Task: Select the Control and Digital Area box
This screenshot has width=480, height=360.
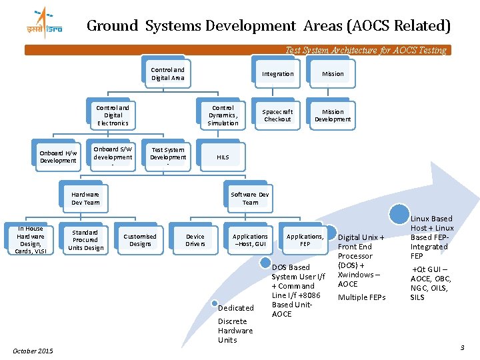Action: point(168,73)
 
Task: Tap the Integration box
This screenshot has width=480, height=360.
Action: point(277,73)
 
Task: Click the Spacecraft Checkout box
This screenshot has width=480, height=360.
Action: point(277,115)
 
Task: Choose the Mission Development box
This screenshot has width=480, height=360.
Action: point(333,115)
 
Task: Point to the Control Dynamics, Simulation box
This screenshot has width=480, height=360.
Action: point(223,115)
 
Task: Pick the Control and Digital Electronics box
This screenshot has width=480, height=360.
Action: point(113,115)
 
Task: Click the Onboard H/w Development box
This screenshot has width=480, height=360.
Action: point(58,157)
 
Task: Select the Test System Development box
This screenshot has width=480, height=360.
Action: point(168,157)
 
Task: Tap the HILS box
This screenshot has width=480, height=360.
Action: point(223,157)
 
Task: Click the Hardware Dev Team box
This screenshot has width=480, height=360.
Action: point(85,198)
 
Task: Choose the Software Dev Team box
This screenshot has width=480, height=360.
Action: point(250,198)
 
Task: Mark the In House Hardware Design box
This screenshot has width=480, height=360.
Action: point(31,239)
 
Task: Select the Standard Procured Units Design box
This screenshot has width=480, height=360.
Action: point(85,239)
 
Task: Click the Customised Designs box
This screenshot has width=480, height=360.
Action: point(140,239)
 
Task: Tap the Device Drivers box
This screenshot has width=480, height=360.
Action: point(195,239)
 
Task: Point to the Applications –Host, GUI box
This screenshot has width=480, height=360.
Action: point(250,239)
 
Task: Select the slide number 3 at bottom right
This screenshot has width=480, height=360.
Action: point(462,348)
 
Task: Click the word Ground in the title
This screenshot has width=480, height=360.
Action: point(112,26)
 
